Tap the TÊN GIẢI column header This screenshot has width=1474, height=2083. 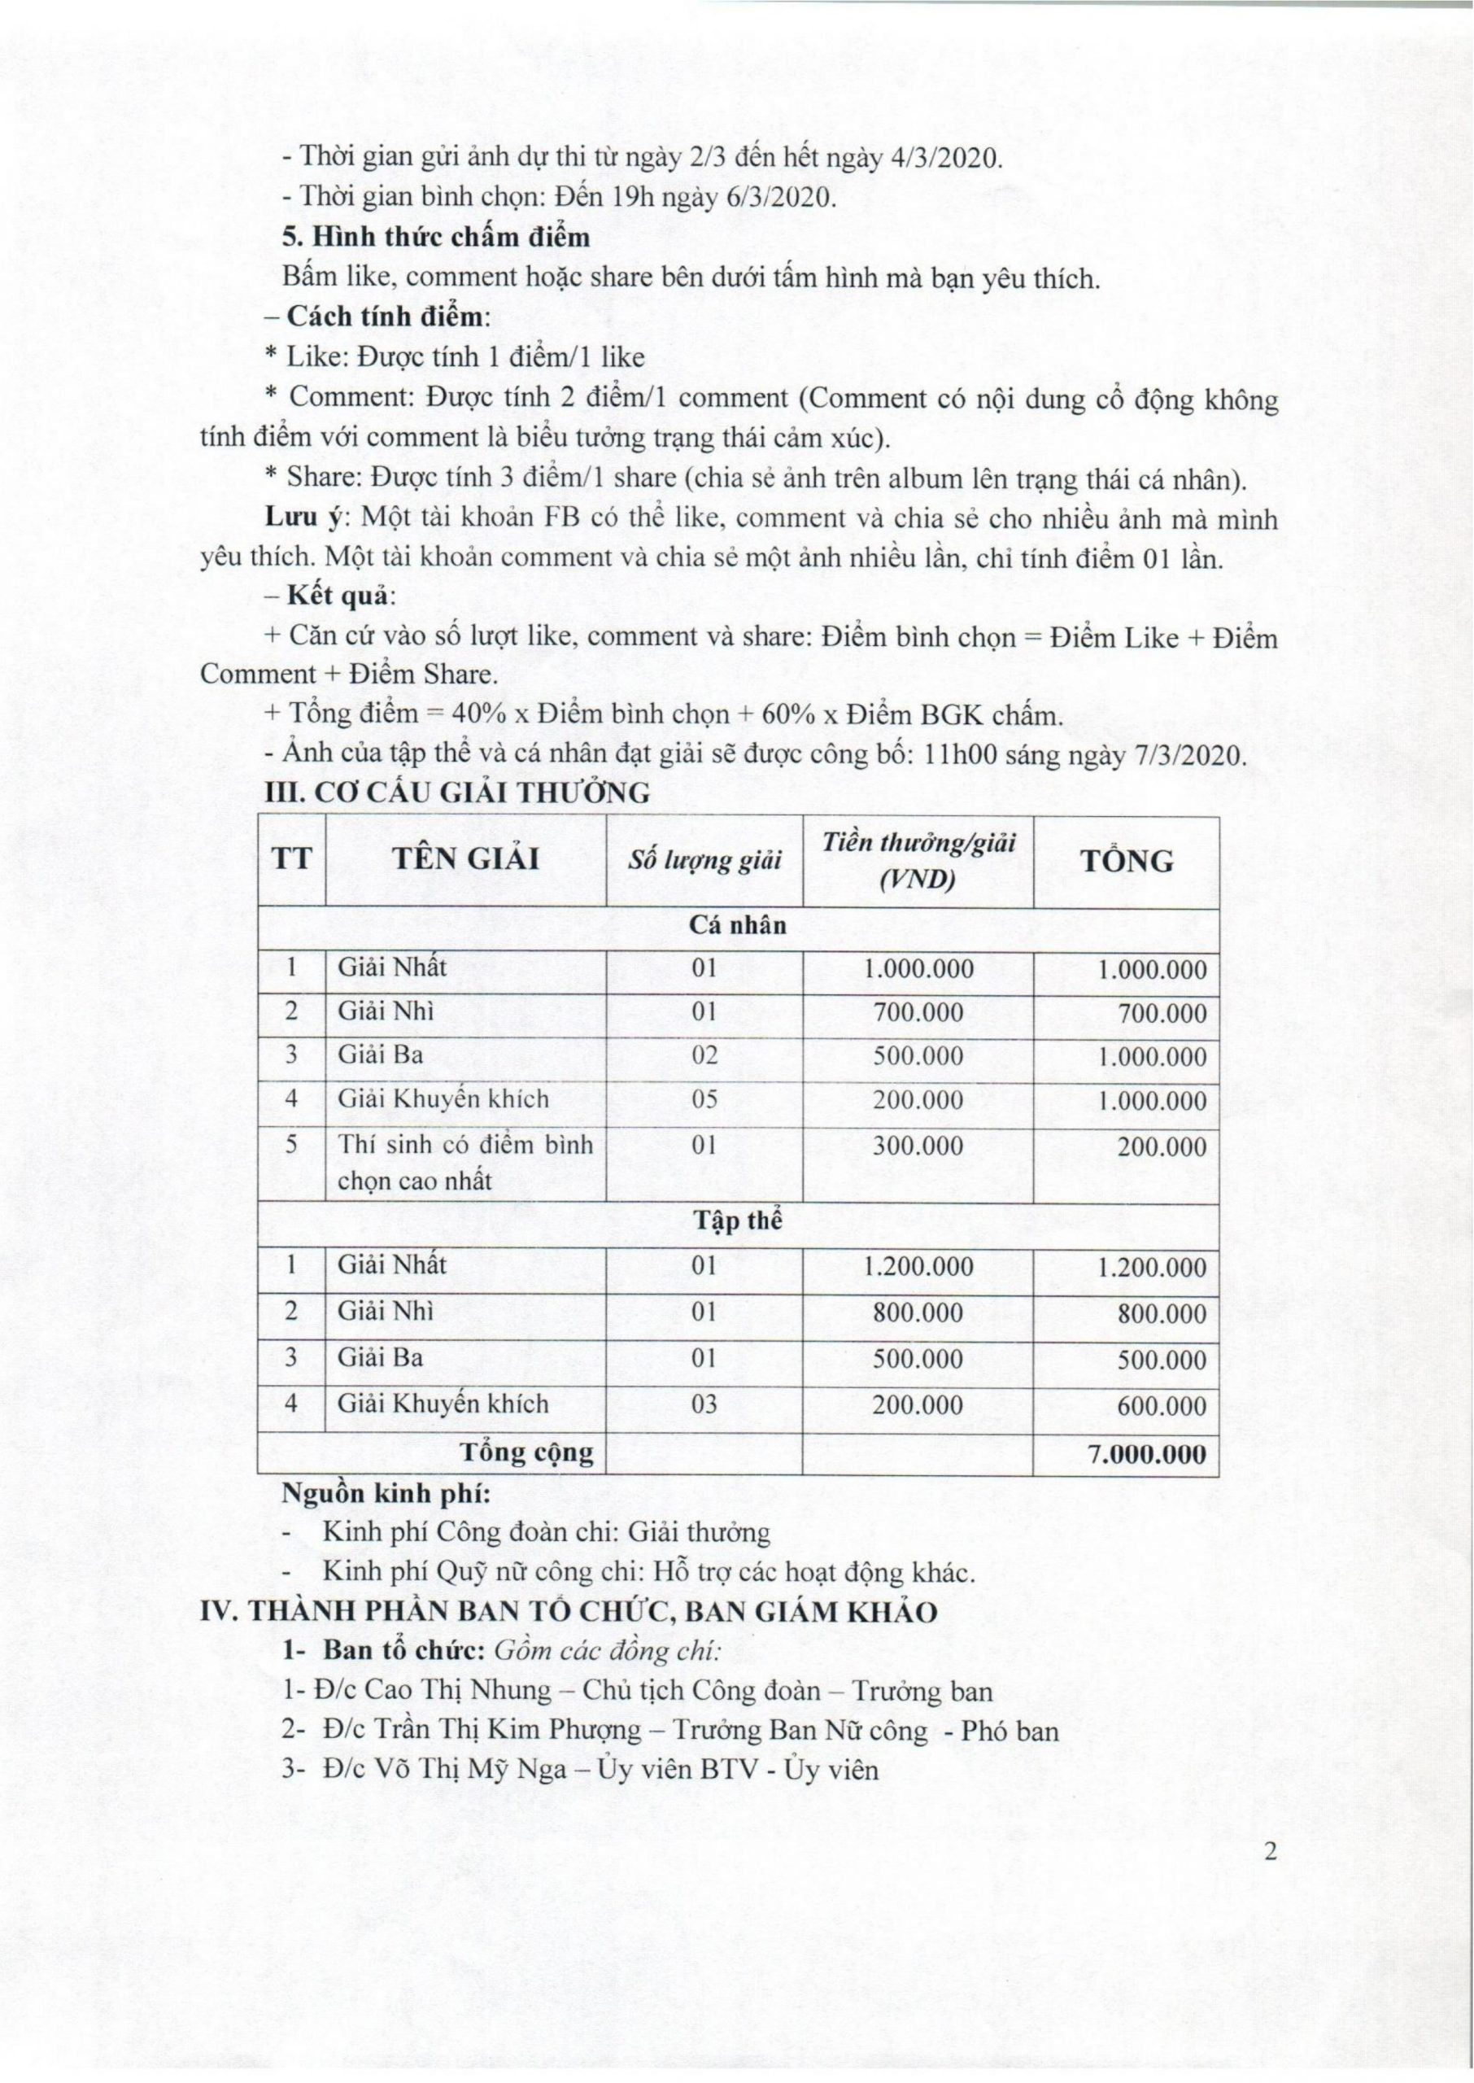[x=465, y=858]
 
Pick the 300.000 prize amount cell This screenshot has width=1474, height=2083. [x=918, y=1146]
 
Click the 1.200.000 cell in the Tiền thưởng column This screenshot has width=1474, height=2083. [x=918, y=1266]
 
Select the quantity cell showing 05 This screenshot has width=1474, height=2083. [x=704, y=1100]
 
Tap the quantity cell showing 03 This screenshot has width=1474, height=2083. [x=704, y=1404]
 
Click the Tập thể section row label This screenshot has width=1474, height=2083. [x=738, y=1221]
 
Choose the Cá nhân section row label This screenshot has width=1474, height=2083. [x=738, y=926]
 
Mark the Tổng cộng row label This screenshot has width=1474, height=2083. [x=527, y=1452]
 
